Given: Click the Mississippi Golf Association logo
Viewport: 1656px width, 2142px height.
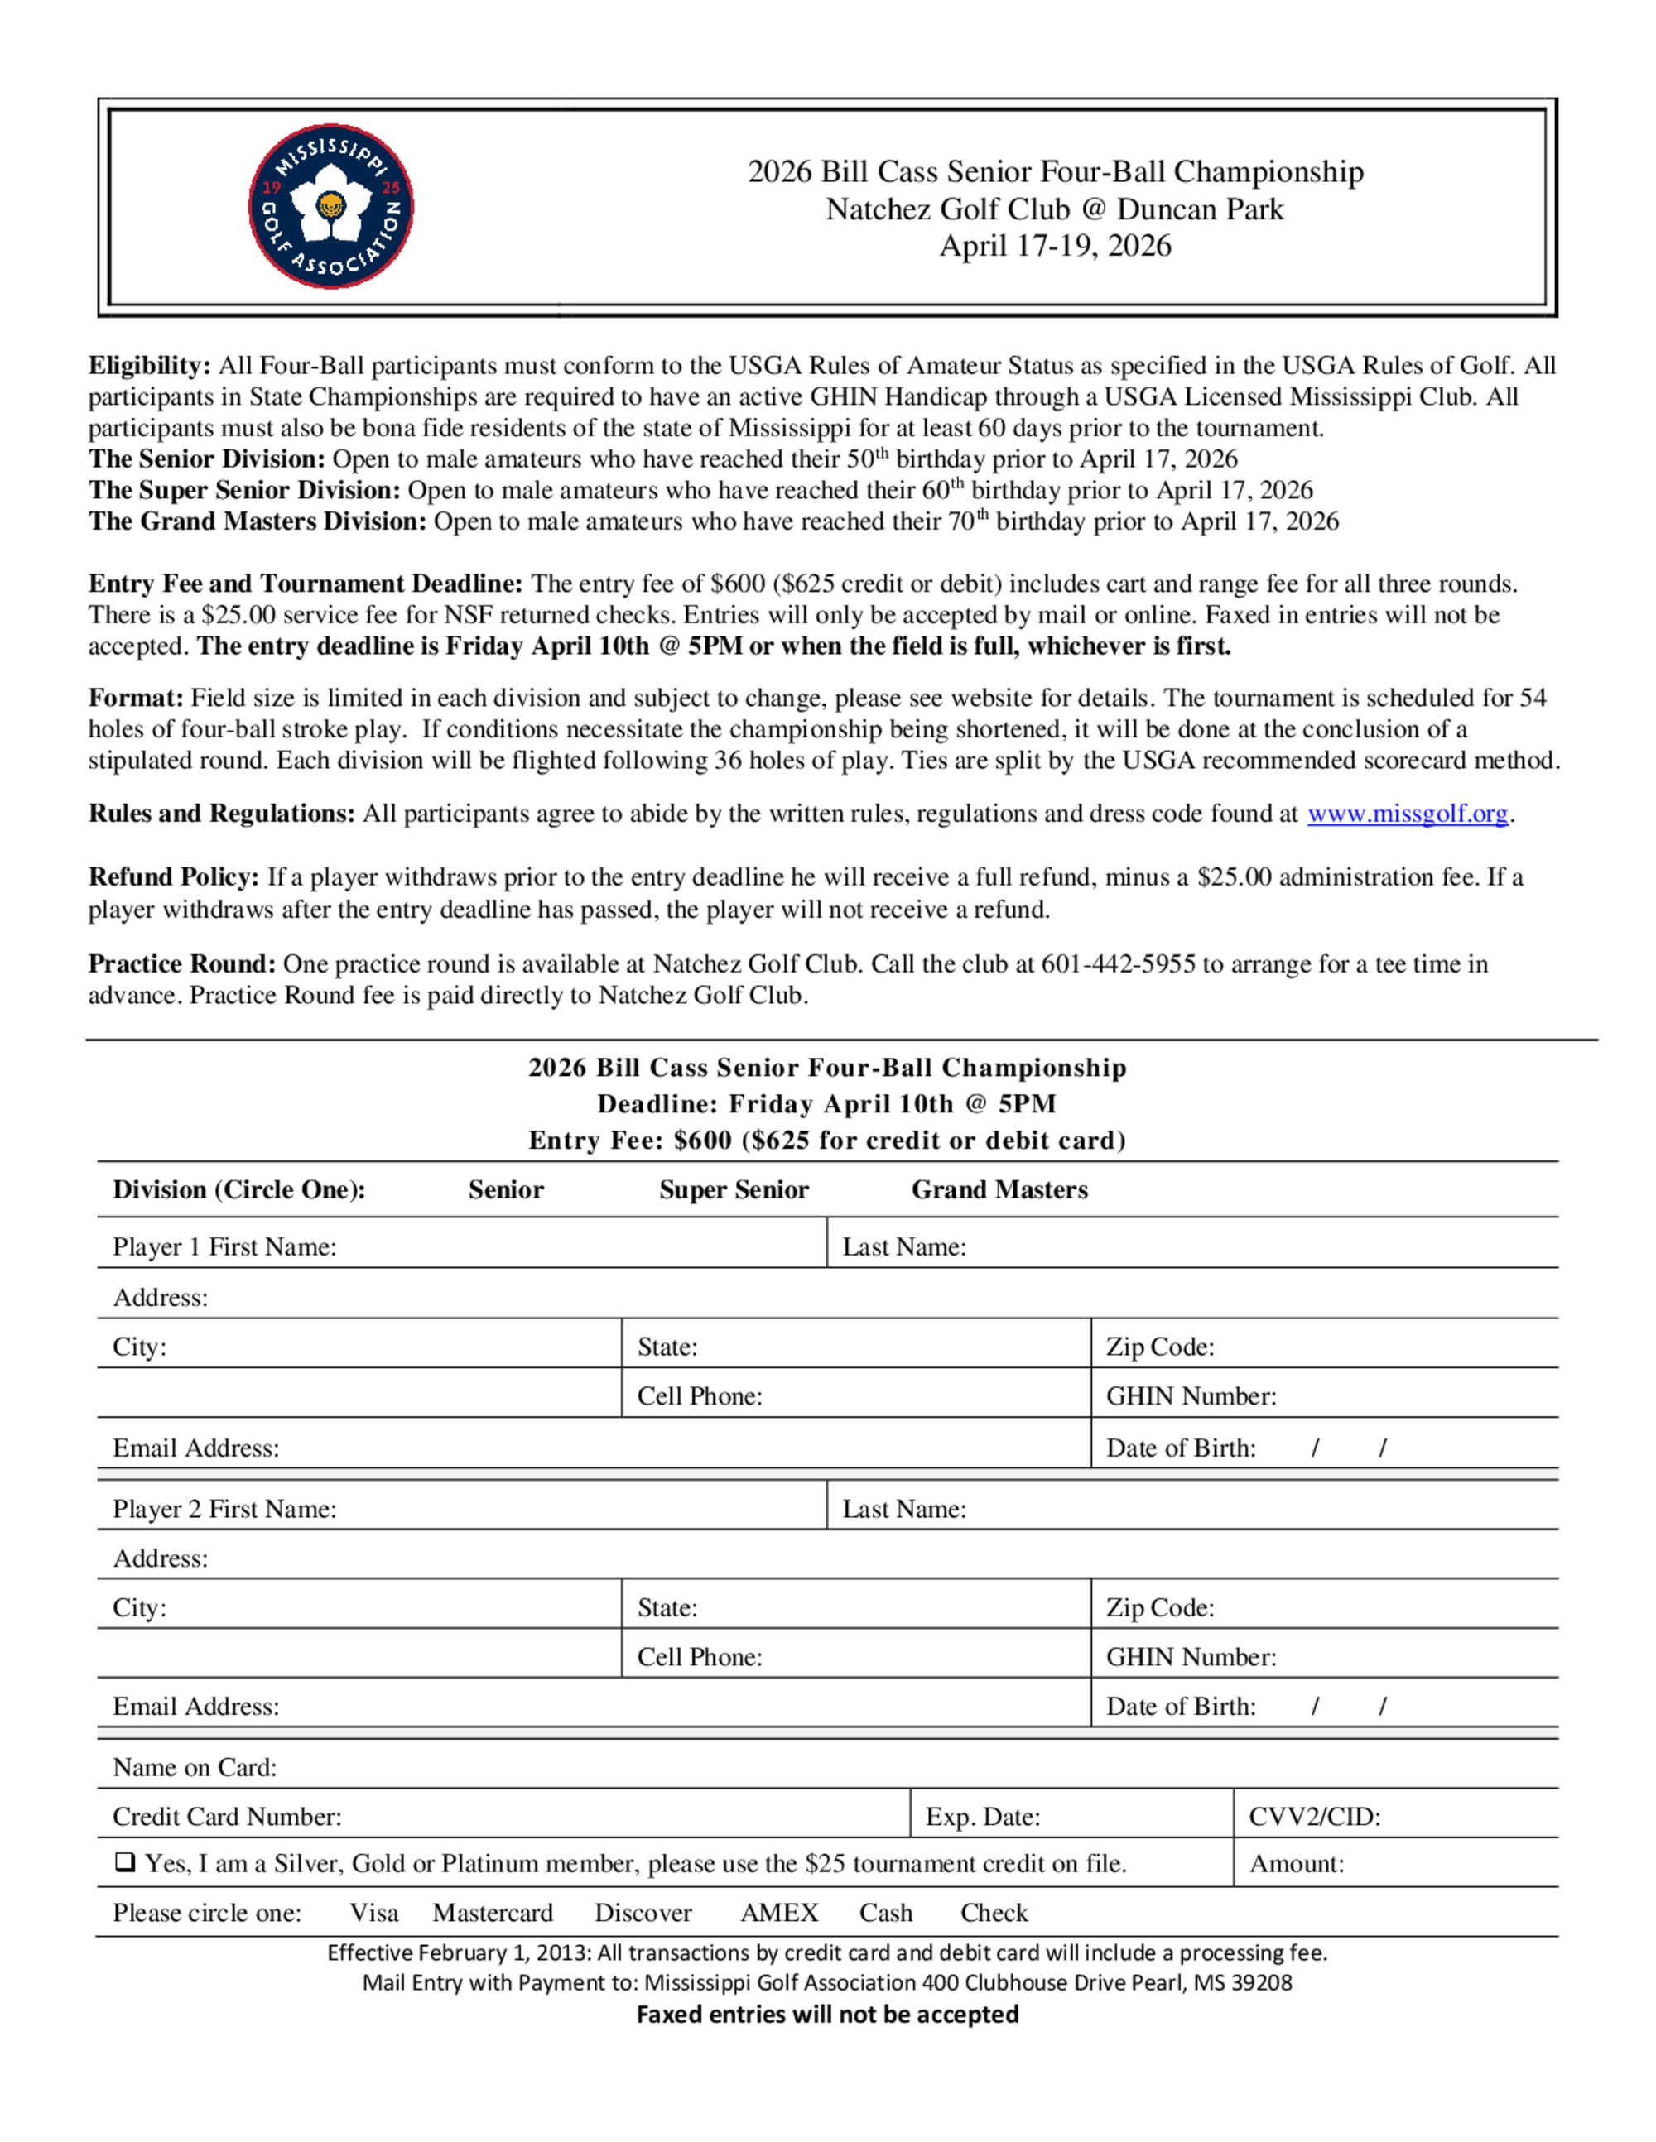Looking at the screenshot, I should [330, 206].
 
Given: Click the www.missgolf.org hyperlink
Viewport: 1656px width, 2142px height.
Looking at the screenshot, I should [1407, 814].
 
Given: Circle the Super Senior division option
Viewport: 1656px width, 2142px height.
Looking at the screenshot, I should [734, 1189].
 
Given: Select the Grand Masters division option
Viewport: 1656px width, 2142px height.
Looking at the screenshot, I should [999, 1189].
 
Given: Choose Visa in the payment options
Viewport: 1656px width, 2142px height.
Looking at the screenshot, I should [373, 1913].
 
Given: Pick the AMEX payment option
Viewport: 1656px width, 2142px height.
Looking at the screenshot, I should [779, 1913].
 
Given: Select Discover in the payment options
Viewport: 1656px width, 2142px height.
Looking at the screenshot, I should [643, 1913].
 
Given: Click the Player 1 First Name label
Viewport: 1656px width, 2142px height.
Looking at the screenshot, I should [224, 1246].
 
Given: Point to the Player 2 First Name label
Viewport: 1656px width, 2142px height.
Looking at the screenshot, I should [224, 1509].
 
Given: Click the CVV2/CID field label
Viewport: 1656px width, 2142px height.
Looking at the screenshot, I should [1313, 1817].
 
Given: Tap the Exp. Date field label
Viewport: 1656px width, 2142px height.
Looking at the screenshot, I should [982, 1817].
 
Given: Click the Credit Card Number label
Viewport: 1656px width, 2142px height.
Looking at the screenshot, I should [227, 1817].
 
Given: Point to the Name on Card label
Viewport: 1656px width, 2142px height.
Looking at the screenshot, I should [195, 1767].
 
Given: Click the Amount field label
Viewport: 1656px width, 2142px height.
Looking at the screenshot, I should [1296, 1863].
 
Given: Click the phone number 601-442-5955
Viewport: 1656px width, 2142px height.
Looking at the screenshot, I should [1118, 964].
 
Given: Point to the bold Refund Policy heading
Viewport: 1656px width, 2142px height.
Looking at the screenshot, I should [174, 876].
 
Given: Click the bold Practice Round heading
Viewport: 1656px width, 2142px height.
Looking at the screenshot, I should [181, 964].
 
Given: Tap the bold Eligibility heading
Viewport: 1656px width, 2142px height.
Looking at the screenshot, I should [149, 366].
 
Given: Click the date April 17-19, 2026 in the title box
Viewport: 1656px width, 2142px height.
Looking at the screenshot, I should [1056, 245].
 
